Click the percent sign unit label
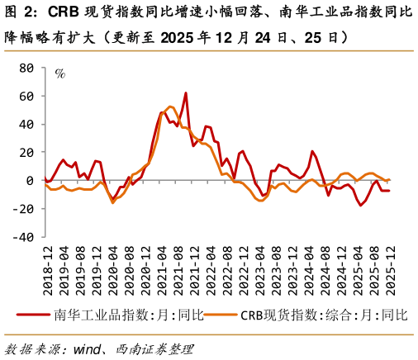click(59, 73)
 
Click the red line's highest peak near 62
click(185, 93)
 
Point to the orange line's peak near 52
click(169, 107)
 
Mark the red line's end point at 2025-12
click(390, 191)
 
